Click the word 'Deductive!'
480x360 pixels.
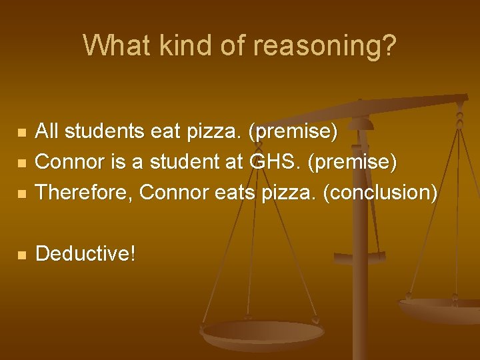[x=86, y=254]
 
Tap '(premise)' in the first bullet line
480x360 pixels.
[x=293, y=132]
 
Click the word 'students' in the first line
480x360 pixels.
[x=103, y=132]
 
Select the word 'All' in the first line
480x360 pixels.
[x=47, y=132]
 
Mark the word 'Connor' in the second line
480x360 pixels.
[x=67, y=163]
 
